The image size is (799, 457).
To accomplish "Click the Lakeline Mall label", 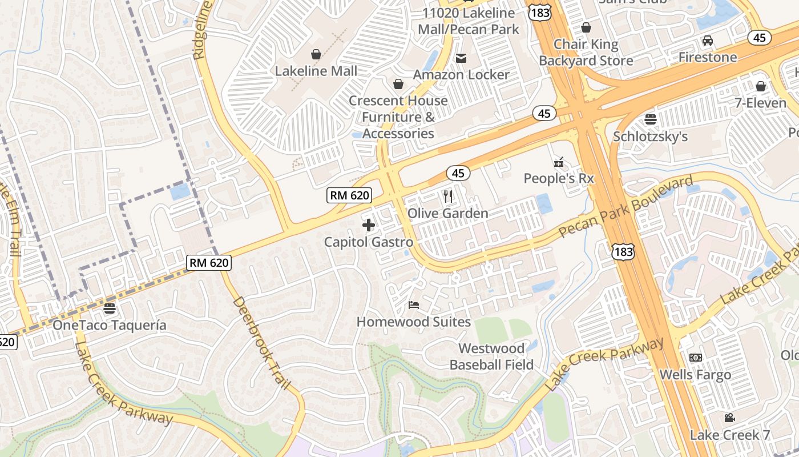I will pos(316,71).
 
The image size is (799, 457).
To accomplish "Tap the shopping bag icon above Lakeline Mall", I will pos(316,54).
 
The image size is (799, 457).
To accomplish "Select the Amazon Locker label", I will pos(461,75).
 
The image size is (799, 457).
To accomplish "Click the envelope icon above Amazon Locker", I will pos(461,58).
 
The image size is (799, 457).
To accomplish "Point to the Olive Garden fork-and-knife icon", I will pos(448,197).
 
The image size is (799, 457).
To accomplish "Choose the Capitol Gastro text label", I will pos(369,242).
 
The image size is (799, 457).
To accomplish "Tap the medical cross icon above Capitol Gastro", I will pos(369,225).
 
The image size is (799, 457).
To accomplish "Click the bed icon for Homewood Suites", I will pos(414,305).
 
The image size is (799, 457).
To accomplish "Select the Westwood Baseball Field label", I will pos(491,356).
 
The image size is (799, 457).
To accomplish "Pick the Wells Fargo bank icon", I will pos(695,358).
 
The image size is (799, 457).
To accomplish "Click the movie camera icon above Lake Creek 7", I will pos(729,418).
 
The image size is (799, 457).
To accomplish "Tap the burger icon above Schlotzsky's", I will pos(650,119).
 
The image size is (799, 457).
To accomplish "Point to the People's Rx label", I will pos(559,179).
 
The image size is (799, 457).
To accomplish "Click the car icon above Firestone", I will pos(708,41).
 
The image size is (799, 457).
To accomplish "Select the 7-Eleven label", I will pos(760,103).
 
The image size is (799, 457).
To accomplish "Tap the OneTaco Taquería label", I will pos(110,325).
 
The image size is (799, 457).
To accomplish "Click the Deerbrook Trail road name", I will pos(262,343).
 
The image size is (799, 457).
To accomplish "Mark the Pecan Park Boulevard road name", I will pos(625,207).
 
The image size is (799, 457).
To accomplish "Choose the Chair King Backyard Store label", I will pos(586,53).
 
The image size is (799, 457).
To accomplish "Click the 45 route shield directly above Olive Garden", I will pos(458,173).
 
